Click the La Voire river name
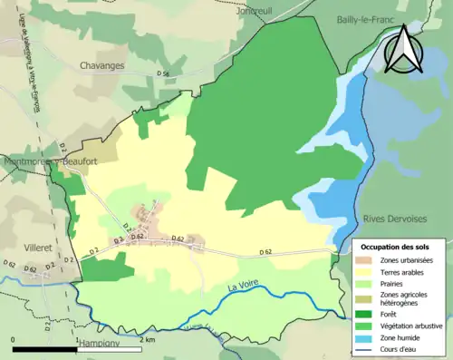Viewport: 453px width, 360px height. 239,287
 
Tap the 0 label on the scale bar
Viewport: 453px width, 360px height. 13,339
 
